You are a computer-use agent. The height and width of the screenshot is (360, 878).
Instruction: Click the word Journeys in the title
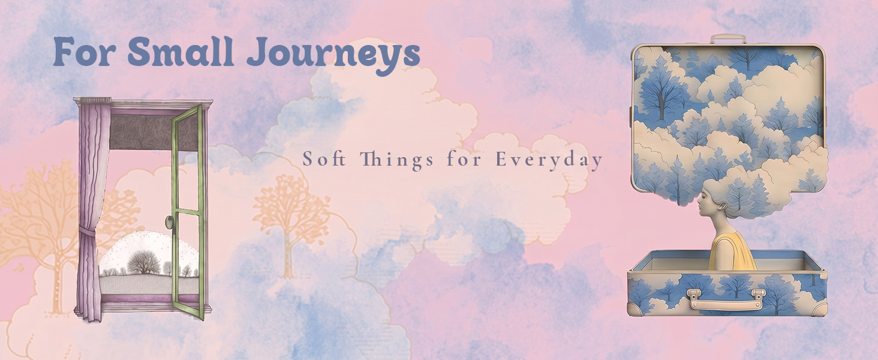[333, 54]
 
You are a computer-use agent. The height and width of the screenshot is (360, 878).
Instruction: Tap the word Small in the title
[181, 52]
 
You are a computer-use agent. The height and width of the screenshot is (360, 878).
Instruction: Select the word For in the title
[84, 52]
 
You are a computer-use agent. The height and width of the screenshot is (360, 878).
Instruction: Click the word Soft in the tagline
[324, 159]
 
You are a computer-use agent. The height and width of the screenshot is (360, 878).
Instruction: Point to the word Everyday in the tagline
[549, 160]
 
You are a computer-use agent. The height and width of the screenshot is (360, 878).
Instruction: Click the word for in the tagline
[464, 159]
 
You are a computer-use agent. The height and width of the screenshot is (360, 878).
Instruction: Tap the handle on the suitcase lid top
[728, 38]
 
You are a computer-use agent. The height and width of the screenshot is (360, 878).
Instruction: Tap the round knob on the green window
[169, 223]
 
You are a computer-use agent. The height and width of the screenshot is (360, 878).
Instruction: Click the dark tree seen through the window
[144, 262]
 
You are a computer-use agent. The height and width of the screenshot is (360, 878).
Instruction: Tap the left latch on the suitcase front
[694, 295]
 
